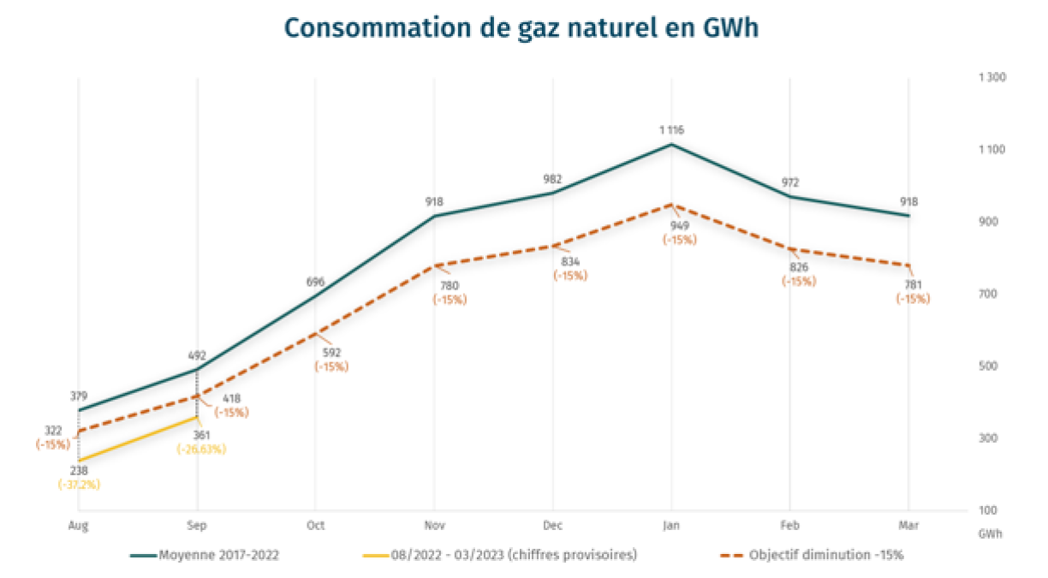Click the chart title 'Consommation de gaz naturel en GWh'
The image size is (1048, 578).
tap(521, 29)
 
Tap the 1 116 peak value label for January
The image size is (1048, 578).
tap(671, 130)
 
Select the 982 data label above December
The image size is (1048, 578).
tap(552, 179)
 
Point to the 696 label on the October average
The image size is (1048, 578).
tap(315, 282)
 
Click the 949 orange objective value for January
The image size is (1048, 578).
tap(679, 226)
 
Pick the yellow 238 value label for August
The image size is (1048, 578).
tap(78, 471)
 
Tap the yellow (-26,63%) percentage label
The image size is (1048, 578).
tap(201, 450)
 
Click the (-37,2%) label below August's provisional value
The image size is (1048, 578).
tap(79, 485)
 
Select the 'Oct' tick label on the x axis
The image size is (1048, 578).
tap(315, 525)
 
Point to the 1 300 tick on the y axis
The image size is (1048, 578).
tap(993, 78)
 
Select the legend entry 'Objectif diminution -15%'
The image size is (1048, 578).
tap(826, 555)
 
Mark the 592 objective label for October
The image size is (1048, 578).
tap(331, 353)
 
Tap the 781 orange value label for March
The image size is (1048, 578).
tap(913, 286)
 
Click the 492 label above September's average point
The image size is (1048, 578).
tap(197, 355)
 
